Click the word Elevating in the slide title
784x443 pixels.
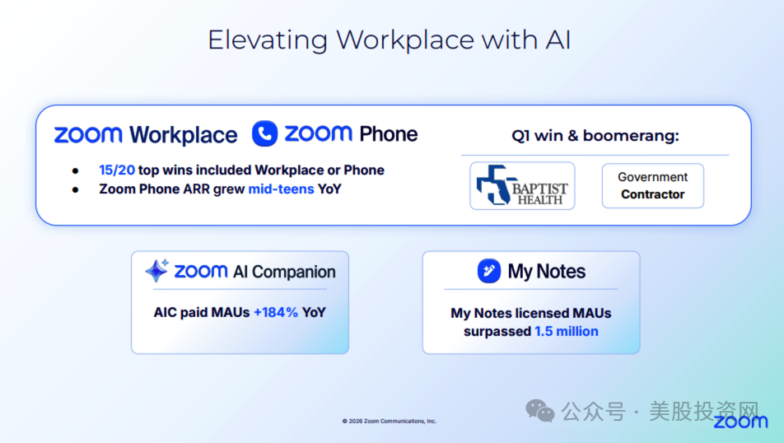(x=268, y=40)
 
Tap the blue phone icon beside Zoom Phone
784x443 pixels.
(x=264, y=133)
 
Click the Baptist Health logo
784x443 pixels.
(x=522, y=185)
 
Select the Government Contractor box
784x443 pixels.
(x=652, y=185)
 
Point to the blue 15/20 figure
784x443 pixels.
(x=117, y=170)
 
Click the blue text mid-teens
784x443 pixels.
(x=281, y=189)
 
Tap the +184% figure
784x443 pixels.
(x=276, y=313)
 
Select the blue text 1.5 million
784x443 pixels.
(x=567, y=332)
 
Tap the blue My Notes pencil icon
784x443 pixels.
(x=489, y=271)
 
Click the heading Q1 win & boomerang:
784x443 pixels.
(x=595, y=136)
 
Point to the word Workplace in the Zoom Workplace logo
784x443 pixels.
(x=184, y=135)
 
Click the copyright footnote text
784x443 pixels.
(x=389, y=421)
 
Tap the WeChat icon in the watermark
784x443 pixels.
(x=540, y=411)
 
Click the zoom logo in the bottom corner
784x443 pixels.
(x=740, y=422)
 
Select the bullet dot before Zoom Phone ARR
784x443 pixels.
(x=76, y=190)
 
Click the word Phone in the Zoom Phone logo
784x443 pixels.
(x=389, y=134)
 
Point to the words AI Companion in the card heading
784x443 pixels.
(x=284, y=272)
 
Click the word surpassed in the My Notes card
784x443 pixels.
(x=497, y=332)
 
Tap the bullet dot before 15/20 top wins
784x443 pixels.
(x=76, y=171)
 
